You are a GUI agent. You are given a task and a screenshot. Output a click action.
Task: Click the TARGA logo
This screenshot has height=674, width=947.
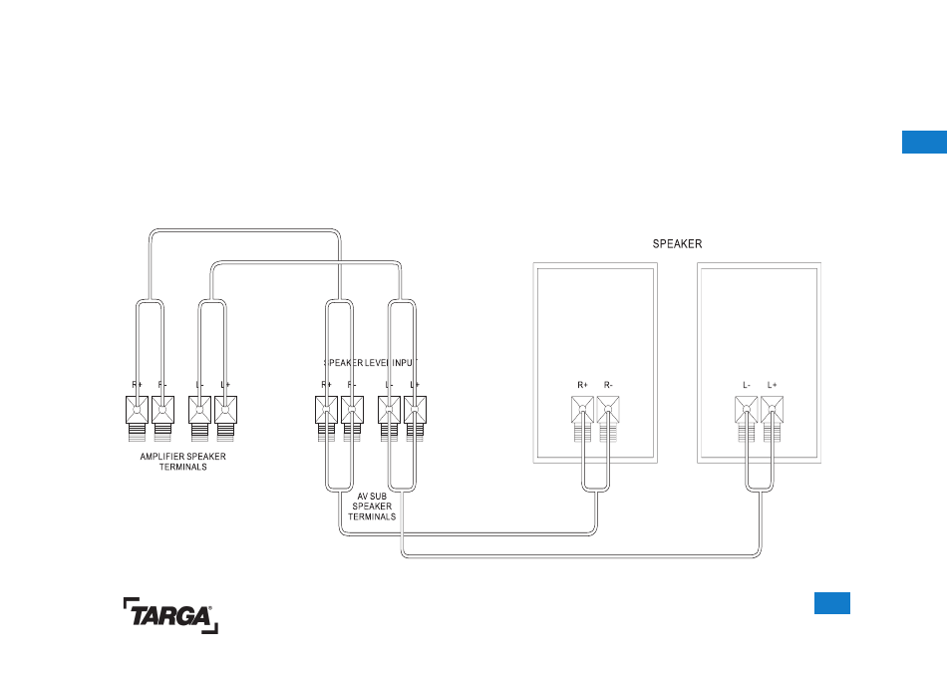pos(170,615)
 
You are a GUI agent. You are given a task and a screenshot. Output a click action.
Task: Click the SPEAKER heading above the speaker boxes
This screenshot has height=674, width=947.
pos(677,243)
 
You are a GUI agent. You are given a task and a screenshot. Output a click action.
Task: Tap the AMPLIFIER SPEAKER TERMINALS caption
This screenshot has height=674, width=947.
pos(182,462)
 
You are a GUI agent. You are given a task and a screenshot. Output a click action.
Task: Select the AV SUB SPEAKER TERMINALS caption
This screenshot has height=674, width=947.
pos(371,505)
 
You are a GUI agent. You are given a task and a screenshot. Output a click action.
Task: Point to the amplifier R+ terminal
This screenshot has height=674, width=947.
pos(137,409)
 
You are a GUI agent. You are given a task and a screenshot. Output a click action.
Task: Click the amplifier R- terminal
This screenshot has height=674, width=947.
pos(161,409)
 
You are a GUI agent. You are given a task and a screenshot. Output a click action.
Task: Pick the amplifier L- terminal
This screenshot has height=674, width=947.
pos(200,409)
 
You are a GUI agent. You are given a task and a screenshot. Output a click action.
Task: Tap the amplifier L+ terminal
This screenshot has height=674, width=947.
pos(225,409)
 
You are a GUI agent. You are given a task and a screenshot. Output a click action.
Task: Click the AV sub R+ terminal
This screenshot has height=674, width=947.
pos(326,409)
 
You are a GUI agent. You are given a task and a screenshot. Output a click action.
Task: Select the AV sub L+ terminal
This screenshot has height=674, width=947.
pos(415,409)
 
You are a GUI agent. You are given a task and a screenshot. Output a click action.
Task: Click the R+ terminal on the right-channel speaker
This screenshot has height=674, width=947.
pos(582,409)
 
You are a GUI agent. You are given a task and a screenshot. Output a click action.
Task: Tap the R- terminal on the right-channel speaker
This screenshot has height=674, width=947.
pos(608,409)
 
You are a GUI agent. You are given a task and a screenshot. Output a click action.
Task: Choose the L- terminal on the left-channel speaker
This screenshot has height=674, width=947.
pos(746,409)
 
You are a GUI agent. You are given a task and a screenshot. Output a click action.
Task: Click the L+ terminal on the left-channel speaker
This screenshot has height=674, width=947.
pos(772,409)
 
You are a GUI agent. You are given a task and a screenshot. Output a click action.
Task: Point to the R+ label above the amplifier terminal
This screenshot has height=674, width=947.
pos(137,385)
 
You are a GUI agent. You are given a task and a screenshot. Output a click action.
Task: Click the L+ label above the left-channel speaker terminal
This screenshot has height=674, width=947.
pos(773,385)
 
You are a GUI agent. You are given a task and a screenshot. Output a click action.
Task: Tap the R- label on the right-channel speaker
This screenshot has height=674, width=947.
pos(609,385)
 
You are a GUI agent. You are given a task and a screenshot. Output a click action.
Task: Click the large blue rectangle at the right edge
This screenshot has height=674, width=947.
pos(924,141)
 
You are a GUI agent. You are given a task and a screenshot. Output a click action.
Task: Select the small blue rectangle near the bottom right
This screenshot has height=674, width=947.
pos(831,602)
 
